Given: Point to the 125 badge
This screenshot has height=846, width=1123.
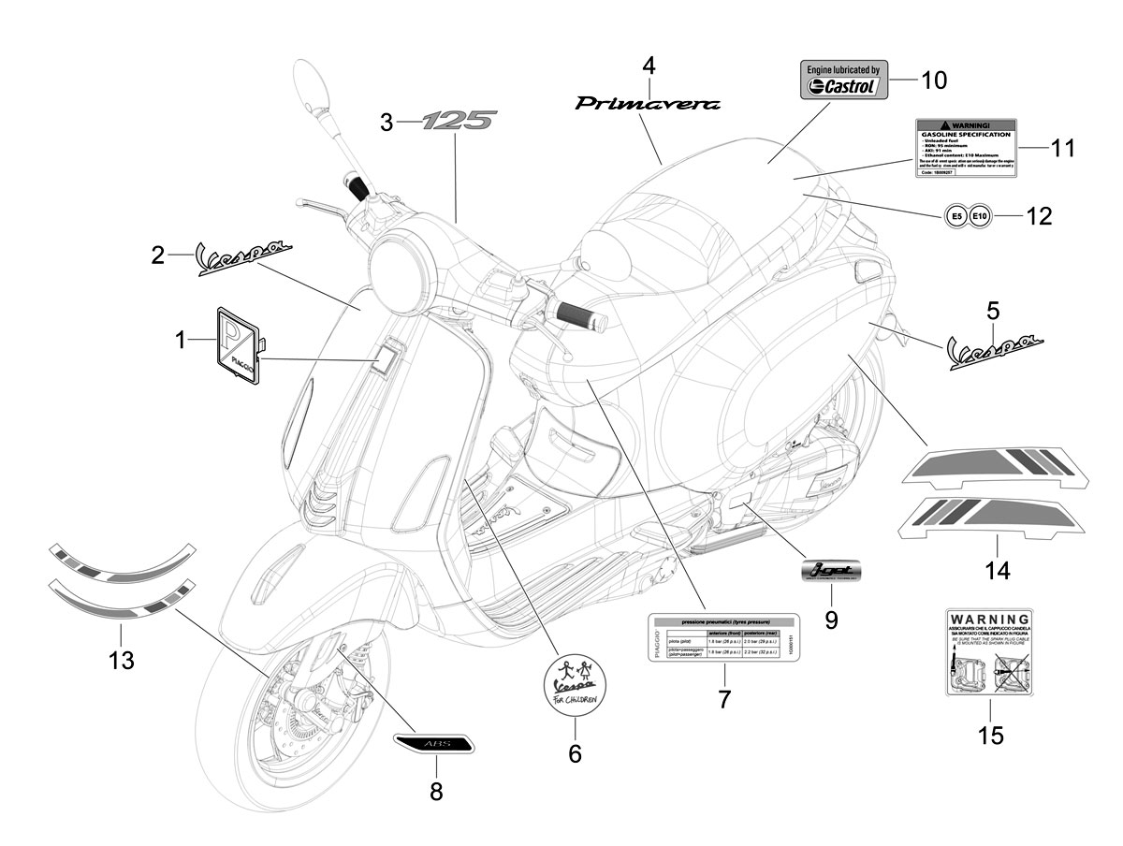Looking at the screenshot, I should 458,121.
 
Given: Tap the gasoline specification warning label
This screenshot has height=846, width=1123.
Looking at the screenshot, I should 964,149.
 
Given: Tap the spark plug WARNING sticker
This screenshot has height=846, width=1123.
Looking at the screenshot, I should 990,651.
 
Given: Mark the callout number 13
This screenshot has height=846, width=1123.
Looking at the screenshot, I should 121,661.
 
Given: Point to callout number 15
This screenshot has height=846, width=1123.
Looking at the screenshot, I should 990,736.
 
